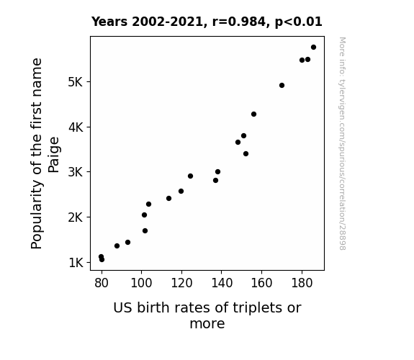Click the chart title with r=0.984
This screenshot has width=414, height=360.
pos(207,22)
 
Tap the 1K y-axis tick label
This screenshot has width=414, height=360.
pos(76,263)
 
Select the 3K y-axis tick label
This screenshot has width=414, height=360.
pos(76,172)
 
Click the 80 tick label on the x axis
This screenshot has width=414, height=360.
pos(102,283)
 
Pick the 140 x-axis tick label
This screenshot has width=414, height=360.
pos(222,283)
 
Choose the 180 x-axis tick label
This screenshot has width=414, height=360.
pos(302,283)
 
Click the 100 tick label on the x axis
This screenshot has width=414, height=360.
pos(141,283)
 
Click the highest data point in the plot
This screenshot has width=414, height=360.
pos(313,48)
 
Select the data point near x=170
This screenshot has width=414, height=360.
pos(282,85)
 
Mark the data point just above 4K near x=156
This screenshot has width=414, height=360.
pos(253,114)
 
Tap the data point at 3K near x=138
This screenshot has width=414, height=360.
pos(217,171)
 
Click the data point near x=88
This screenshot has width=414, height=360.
pos(117,246)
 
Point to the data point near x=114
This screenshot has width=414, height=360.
pos(168,198)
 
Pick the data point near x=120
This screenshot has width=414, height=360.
pos(181,192)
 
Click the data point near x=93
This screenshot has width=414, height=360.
pos(127,242)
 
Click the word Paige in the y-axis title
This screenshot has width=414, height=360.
pos(53,155)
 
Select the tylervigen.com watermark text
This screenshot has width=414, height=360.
pos(342,143)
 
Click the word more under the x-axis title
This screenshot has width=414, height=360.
pos(207,324)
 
